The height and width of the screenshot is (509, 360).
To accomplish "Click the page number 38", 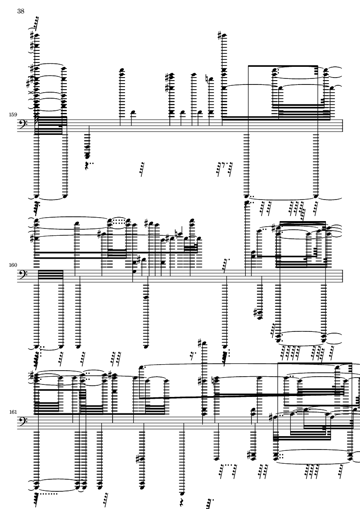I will [x=21, y=12].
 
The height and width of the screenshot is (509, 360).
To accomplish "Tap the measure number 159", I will [x=12, y=115].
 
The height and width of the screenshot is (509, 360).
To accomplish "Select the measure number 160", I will [x=12, y=265].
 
